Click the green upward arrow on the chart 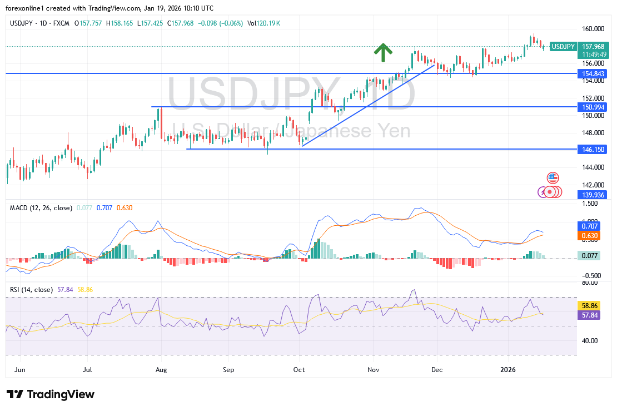[382, 52]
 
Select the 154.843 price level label [593, 73]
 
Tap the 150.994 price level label [593, 106]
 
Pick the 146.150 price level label [593, 149]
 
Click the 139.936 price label [593, 194]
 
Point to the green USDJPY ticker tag [563, 46]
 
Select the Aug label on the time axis [161, 369]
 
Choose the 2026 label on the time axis [509, 369]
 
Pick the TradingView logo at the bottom [51, 394]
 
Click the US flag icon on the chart [552, 178]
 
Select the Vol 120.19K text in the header [264, 23]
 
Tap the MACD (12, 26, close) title [41, 208]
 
